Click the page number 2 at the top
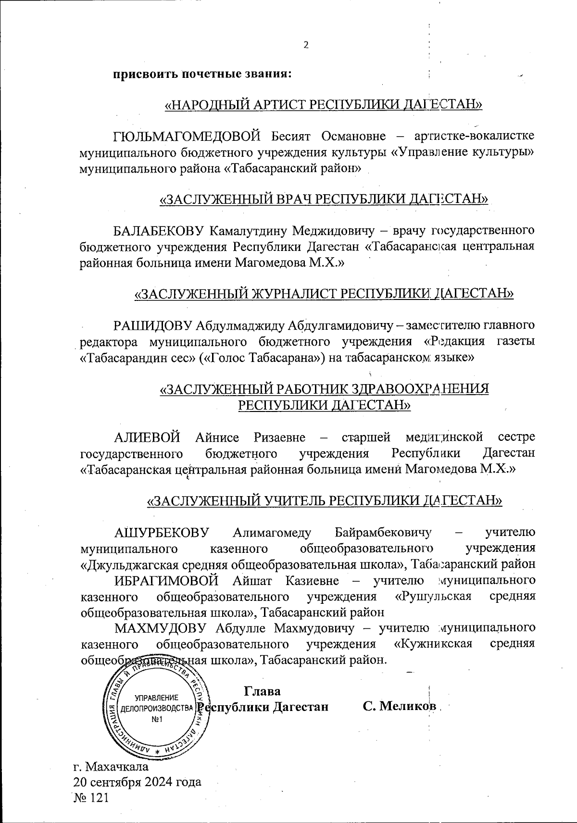pyautogui.click(x=305, y=46)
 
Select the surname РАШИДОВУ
pyautogui.click(x=152, y=325)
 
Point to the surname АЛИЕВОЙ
pyautogui.click(x=147, y=437)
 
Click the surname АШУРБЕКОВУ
pyautogui.click(x=160, y=532)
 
